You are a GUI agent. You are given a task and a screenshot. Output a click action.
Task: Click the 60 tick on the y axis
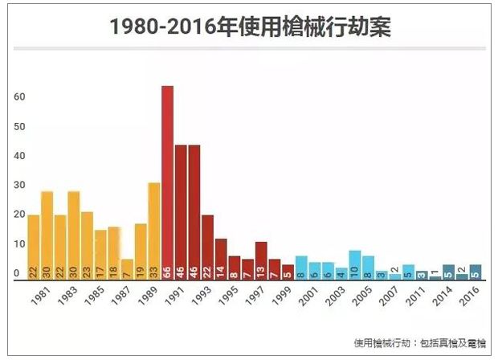[x=20, y=97]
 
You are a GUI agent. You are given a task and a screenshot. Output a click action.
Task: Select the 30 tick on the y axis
[x=20, y=186]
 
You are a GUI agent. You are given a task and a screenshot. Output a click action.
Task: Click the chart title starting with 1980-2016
[x=249, y=26]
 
